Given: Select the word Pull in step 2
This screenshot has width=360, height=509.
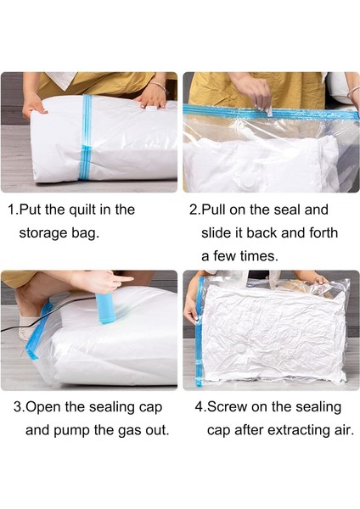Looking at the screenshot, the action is (x=213, y=210).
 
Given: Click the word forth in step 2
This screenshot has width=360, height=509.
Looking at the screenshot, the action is (x=323, y=232).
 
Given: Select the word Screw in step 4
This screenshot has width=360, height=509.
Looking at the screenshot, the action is (x=227, y=406).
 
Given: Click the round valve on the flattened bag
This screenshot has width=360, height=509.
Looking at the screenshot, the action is (x=242, y=348).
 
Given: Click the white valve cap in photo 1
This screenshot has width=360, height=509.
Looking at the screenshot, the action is (x=151, y=109).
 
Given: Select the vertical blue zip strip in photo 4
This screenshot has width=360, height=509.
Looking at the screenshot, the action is (x=199, y=332).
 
